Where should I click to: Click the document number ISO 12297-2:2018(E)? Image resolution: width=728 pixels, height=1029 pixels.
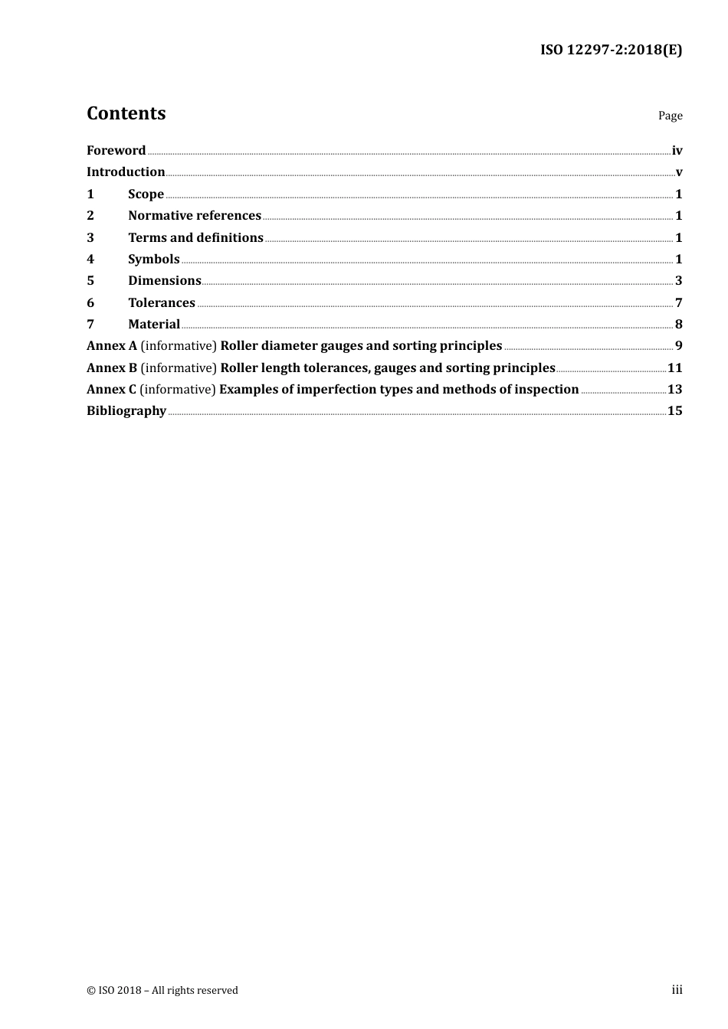[x=611, y=50]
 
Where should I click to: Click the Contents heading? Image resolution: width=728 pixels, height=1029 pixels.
[x=126, y=113]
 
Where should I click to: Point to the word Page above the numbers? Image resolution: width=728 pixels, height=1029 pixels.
[x=670, y=116]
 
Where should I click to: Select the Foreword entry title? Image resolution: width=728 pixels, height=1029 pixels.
[x=116, y=151]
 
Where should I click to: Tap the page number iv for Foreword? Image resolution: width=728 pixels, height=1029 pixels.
[x=677, y=151]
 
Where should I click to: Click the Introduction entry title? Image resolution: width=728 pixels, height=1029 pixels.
[x=126, y=172]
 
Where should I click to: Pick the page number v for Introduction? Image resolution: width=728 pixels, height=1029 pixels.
[x=679, y=172]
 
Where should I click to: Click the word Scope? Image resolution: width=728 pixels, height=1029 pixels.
[x=146, y=194]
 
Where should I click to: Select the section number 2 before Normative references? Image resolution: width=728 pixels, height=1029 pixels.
[x=90, y=216]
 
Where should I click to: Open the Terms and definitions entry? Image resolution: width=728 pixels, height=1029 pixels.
[x=195, y=238]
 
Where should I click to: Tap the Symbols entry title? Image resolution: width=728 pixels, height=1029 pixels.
[x=153, y=260]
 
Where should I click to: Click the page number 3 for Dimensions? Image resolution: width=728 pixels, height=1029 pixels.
[x=678, y=281]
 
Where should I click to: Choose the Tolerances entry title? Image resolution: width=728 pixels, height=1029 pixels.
[x=161, y=303]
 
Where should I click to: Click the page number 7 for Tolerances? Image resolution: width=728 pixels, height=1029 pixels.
[x=678, y=303]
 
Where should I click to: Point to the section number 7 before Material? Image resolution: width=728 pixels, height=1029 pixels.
[x=90, y=325]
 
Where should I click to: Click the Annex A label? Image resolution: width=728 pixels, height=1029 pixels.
[x=111, y=346]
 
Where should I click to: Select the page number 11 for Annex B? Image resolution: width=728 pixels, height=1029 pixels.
[x=674, y=368]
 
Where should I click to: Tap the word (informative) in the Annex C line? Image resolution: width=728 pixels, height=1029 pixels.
[x=178, y=390]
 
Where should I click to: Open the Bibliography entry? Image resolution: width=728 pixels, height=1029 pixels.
[x=126, y=411]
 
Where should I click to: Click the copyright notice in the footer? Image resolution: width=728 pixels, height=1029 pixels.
[x=162, y=991]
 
